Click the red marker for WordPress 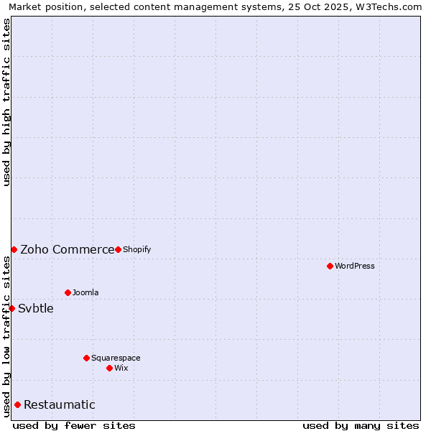point(330,266)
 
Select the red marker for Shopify point(118,249)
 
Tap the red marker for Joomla point(68,292)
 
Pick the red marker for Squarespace point(86,358)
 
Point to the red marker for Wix point(109,368)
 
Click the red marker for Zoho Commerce point(14,249)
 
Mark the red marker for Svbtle point(11,308)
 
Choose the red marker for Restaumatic point(17,404)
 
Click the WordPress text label point(355,266)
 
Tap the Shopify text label point(136,249)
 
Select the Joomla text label point(85,292)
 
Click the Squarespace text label point(116,358)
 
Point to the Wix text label point(121,368)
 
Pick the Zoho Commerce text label point(67,249)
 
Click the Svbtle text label point(36,308)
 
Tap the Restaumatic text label point(60,404)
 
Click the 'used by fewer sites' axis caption point(74,425)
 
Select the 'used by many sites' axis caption point(361,425)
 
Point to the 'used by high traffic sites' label point(6,102)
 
